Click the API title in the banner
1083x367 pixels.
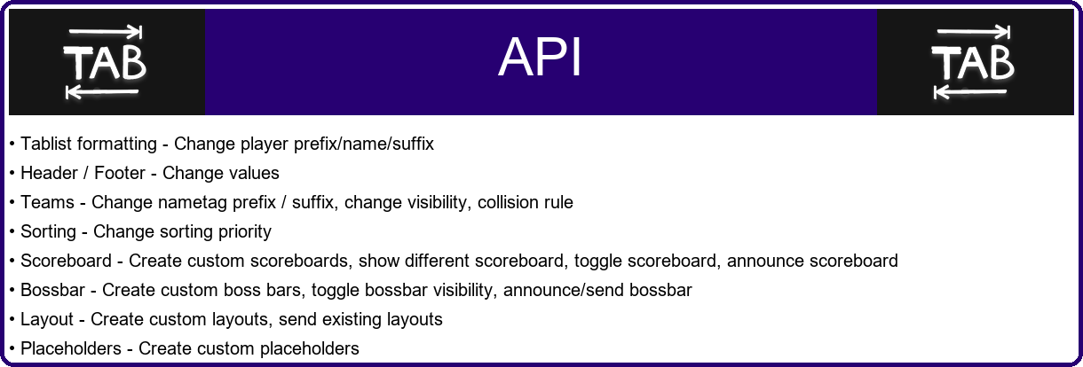[540, 57]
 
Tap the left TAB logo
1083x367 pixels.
[105, 63]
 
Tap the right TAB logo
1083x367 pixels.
[973, 63]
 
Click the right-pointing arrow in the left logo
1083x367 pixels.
[106, 32]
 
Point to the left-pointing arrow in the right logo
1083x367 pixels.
[971, 92]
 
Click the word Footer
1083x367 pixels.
[120, 173]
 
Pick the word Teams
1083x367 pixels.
[47, 202]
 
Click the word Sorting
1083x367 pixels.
[48, 231]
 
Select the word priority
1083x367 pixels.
[245, 232]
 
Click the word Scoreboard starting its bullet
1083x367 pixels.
[66, 261]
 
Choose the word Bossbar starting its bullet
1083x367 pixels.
[52, 290]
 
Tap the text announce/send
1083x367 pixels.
[564, 290]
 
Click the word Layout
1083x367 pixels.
[47, 320]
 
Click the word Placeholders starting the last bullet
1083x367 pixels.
[71, 348]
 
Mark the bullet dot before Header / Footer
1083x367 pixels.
[12, 173]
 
